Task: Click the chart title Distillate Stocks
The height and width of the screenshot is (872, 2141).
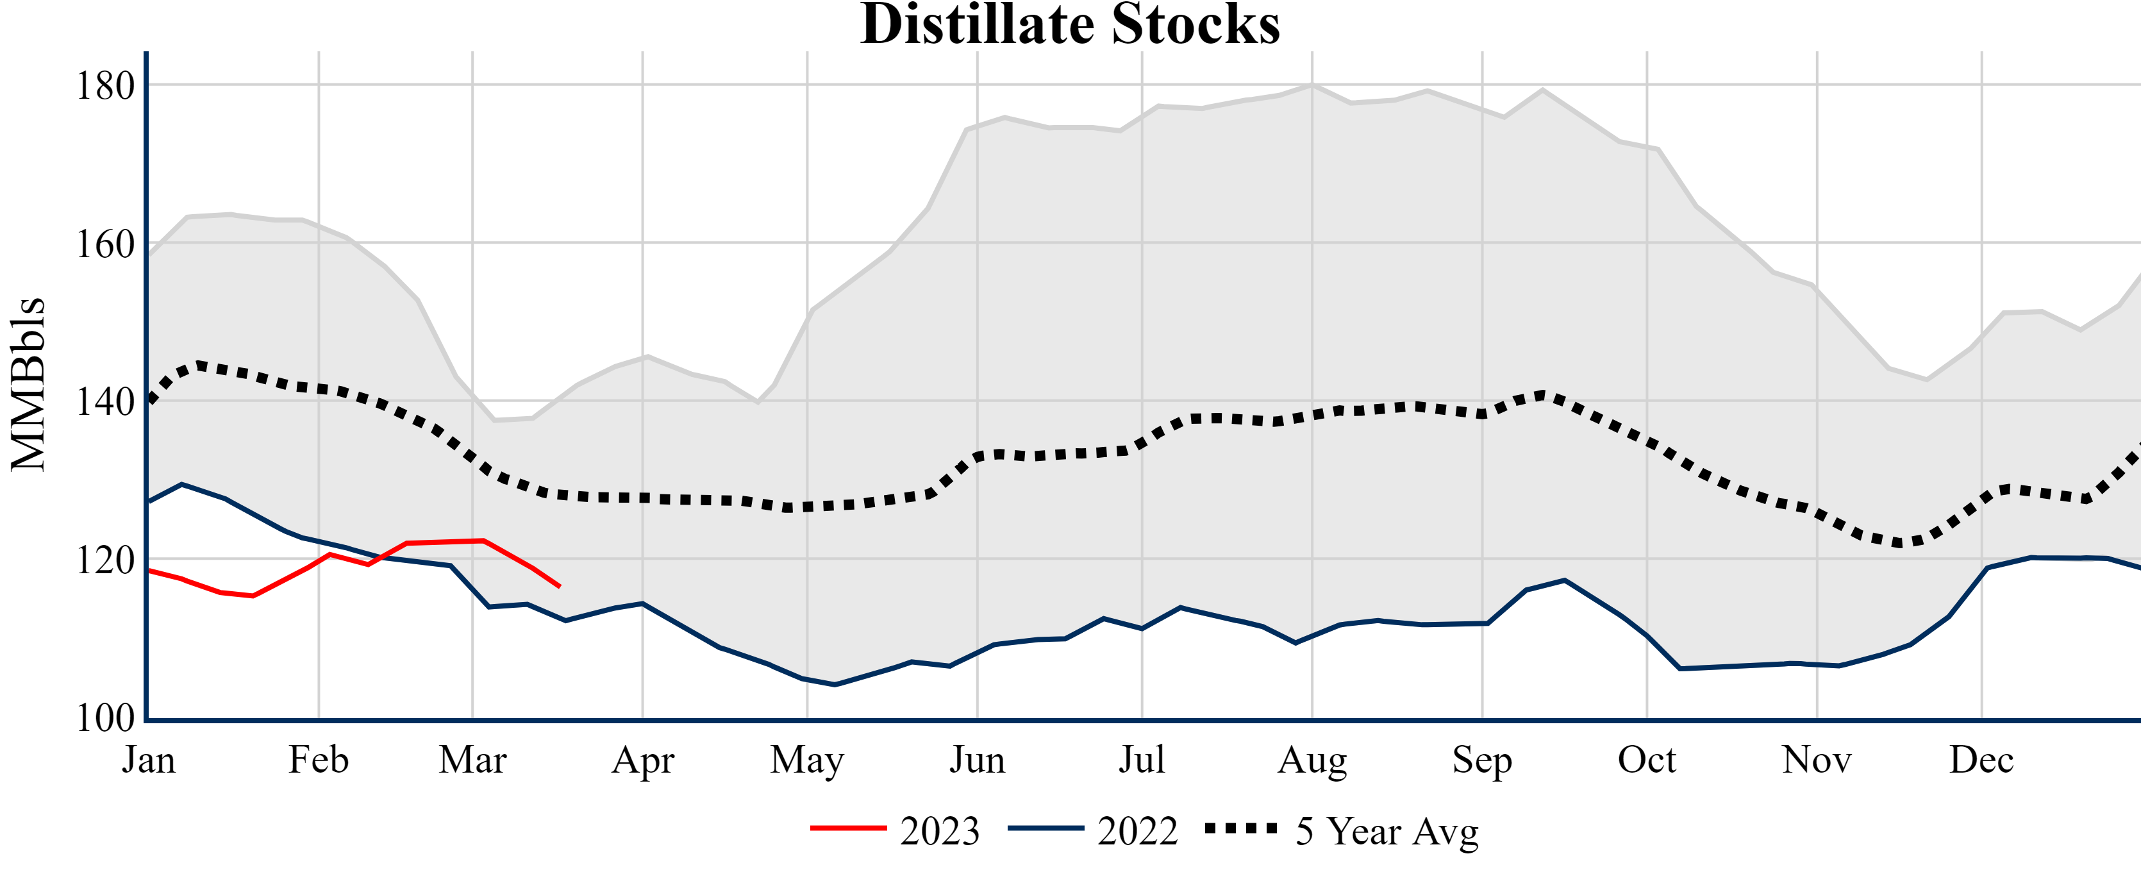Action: pyautogui.click(x=1070, y=25)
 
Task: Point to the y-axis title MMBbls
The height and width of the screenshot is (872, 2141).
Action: pyautogui.click(x=28, y=384)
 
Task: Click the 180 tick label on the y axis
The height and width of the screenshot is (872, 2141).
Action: pyautogui.click(x=106, y=86)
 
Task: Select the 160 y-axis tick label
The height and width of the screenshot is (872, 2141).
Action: pyautogui.click(x=106, y=244)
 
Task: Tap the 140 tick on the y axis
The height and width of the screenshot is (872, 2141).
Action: pyautogui.click(x=106, y=402)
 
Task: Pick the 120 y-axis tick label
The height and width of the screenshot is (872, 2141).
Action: pyautogui.click(x=106, y=561)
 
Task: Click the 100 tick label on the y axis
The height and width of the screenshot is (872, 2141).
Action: pyautogui.click(x=106, y=718)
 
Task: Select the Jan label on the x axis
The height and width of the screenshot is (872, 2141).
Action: pyautogui.click(x=149, y=760)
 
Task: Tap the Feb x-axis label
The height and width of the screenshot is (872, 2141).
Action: pyautogui.click(x=319, y=760)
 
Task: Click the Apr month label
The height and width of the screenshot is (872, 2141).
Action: pyautogui.click(x=642, y=760)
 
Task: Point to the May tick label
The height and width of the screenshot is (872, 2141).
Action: pyautogui.click(x=807, y=760)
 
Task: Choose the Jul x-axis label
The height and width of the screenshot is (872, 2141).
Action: pyautogui.click(x=1142, y=760)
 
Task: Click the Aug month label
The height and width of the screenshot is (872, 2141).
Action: pyautogui.click(x=1312, y=760)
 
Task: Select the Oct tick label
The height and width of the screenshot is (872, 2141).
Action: pyautogui.click(x=1647, y=760)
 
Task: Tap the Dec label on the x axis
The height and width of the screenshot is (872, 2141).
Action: pyautogui.click(x=1981, y=760)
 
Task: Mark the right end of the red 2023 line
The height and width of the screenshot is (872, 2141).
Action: pyautogui.click(x=560, y=587)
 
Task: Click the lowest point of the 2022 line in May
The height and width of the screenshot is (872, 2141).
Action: pyautogui.click(x=835, y=685)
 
